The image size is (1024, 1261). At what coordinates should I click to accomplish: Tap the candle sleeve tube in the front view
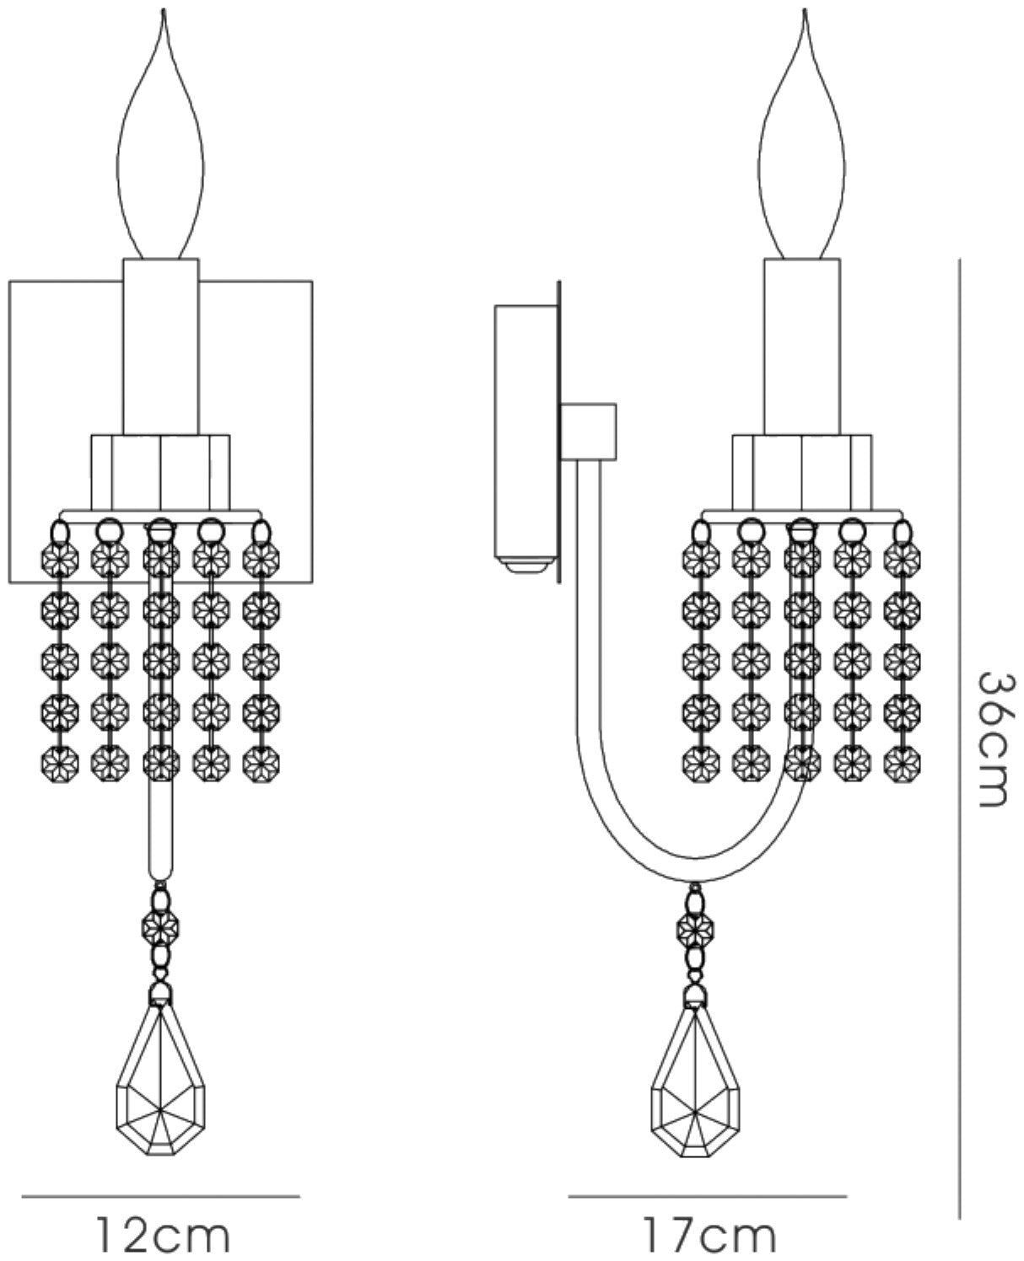161,347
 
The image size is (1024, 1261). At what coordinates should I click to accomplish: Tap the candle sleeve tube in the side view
802,347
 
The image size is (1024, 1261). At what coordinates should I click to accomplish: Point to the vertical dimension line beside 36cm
959,739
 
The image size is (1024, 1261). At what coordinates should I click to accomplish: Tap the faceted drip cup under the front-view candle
160,472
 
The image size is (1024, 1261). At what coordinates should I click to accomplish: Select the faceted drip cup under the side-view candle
802,472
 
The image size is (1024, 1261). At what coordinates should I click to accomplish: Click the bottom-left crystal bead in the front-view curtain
60,763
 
